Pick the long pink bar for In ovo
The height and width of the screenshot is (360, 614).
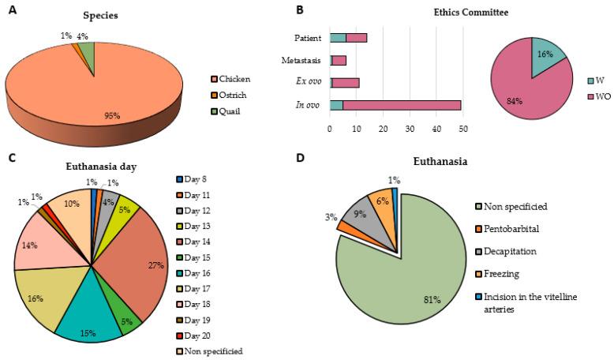[402, 104]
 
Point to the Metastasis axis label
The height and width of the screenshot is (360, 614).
[299, 60]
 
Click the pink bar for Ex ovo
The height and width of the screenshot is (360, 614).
[346, 82]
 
